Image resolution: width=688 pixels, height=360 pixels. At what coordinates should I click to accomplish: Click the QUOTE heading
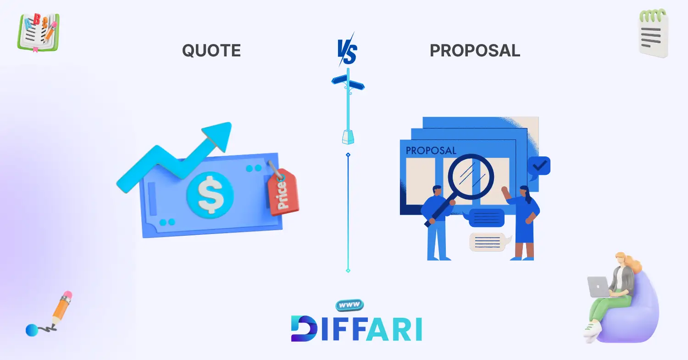211,50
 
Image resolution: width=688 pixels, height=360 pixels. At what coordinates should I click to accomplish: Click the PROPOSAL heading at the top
475,50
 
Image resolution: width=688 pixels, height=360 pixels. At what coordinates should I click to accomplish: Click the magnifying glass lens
471,177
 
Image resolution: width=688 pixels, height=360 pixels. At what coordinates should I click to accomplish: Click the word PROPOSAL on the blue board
431,150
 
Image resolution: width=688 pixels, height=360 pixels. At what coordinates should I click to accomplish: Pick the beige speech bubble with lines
489,242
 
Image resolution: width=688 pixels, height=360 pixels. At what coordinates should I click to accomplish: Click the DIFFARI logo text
356,328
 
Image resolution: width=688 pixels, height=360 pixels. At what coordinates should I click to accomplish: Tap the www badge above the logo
350,305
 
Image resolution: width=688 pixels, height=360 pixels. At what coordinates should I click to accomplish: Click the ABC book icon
39,32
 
